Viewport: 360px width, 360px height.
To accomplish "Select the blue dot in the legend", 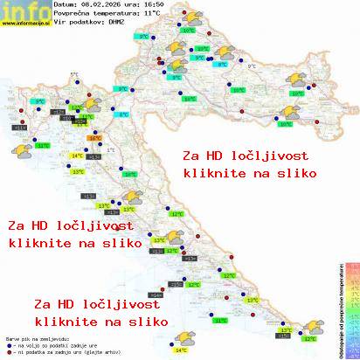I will [8, 343].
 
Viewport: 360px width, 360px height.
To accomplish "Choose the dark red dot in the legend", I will [8, 350].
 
